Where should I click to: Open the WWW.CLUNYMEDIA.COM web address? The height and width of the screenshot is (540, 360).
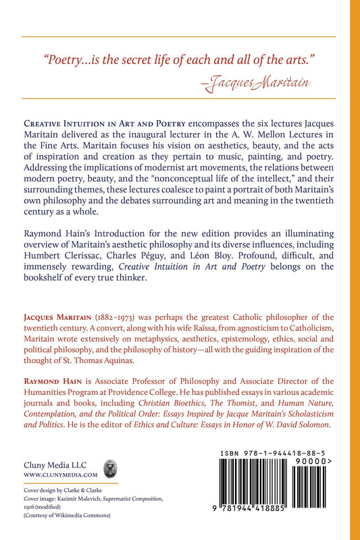pos(52,476)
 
